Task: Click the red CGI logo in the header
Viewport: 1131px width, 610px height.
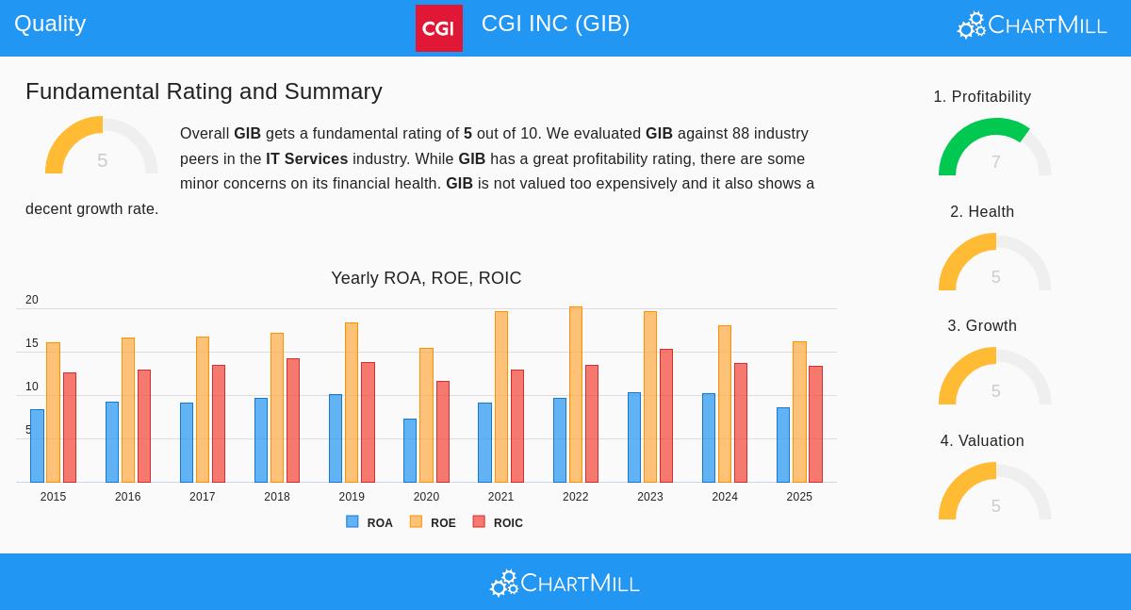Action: pos(438,28)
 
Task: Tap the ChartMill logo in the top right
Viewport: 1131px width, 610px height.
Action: pos(1032,25)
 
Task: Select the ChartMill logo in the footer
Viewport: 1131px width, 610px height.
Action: pos(565,584)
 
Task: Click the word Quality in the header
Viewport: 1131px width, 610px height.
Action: pos(50,24)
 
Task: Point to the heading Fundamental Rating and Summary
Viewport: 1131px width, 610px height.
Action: pos(204,91)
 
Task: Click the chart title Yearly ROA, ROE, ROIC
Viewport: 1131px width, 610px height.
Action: pos(426,278)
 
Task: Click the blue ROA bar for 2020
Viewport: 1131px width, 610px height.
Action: pos(410,451)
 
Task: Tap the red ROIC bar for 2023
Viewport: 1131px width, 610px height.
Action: pos(666,416)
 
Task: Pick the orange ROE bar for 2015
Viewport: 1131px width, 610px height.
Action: pos(53,412)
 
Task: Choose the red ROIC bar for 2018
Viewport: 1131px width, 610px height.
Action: pos(293,420)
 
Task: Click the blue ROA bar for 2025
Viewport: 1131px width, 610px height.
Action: pos(783,445)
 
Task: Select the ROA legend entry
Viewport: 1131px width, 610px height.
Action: pos(369,522)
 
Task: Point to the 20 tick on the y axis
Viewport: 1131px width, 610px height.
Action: pos(32,300)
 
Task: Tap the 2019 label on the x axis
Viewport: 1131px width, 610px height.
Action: pos(352,497)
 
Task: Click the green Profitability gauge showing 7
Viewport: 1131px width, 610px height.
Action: pos(994,149)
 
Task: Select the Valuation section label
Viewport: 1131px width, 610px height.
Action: pos(982,441)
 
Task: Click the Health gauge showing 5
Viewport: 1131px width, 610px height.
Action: pos(994,264)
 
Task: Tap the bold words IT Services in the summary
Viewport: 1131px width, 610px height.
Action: pos(306,159)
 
